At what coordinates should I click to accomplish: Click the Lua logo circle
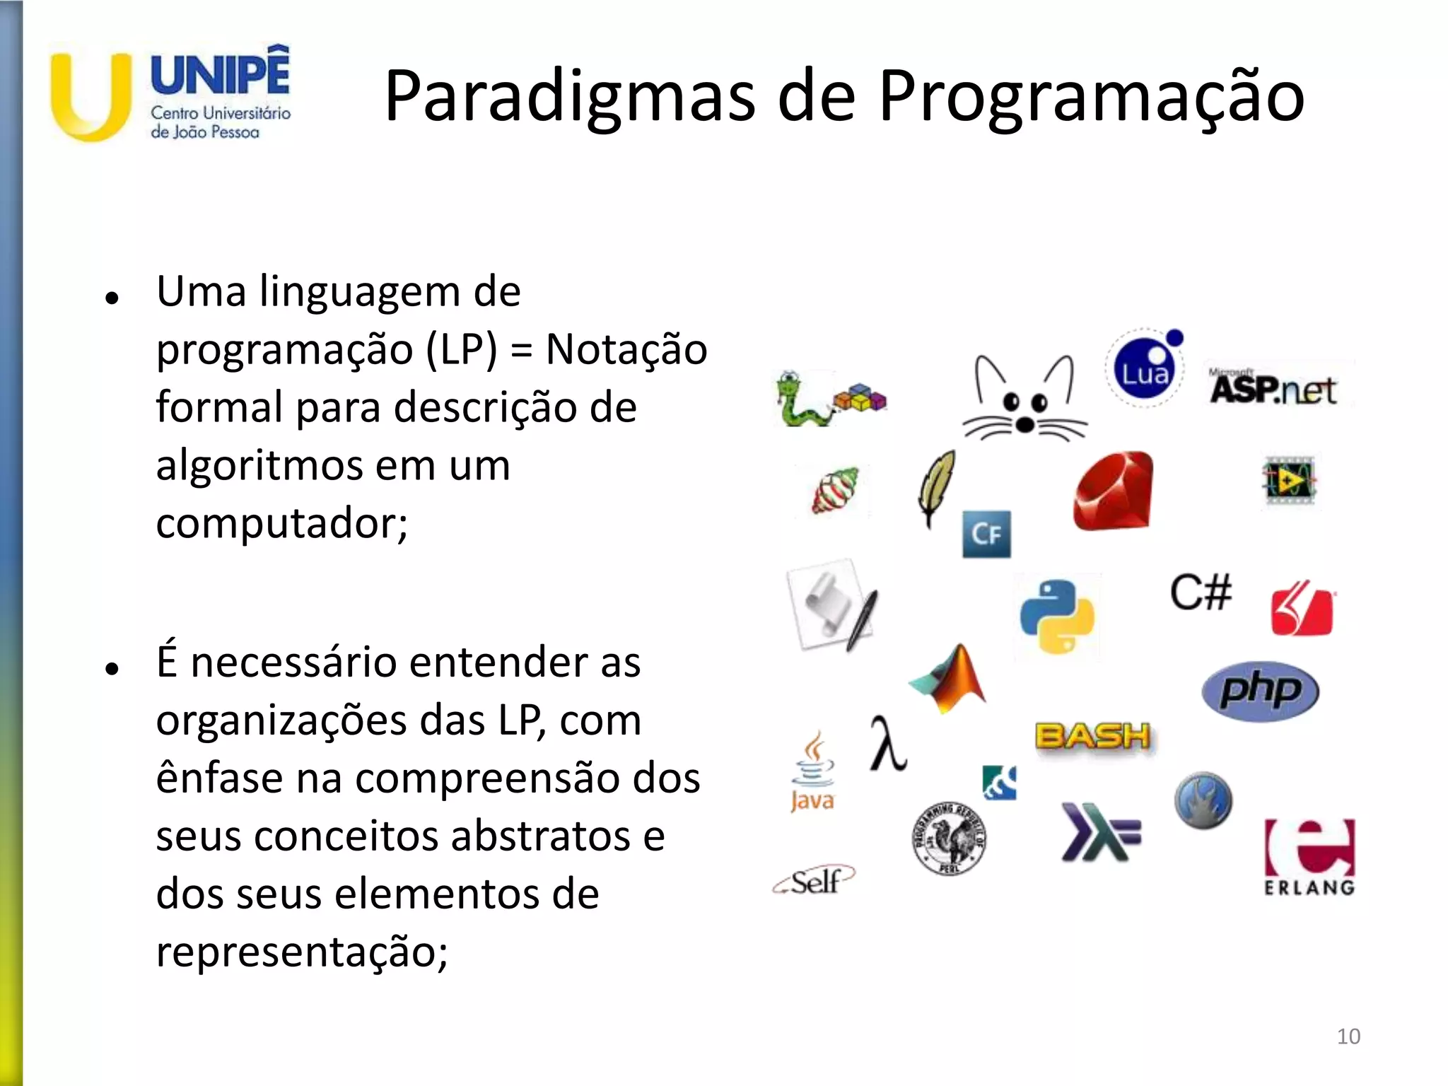1143,370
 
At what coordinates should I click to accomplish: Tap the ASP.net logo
1273,388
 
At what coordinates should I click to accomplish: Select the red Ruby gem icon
1114,491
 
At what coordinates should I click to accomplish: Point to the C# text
1201,592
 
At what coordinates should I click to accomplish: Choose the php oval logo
1260,690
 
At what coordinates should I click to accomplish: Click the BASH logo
1093,737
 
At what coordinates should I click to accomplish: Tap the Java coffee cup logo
812,772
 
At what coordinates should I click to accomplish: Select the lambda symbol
887,744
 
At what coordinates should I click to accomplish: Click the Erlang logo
1309,856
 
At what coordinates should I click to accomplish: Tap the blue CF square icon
986,534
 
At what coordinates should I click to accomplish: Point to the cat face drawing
1024,399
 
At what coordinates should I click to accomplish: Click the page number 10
1348,1037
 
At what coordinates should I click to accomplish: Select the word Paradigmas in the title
570,96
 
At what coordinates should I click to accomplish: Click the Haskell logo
1100,832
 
